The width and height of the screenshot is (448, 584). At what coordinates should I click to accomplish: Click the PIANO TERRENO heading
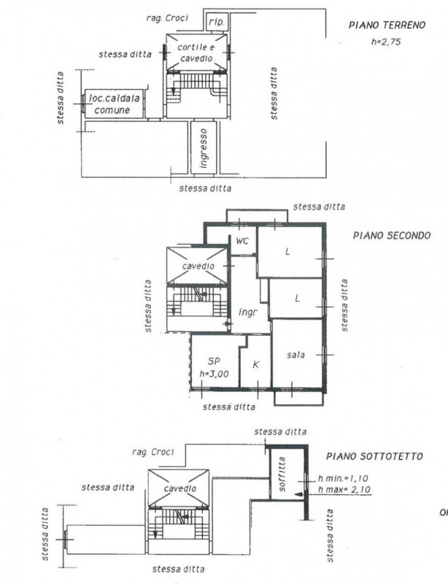click(387, 26)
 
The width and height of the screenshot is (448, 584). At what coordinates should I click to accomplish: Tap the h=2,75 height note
click(386, 42)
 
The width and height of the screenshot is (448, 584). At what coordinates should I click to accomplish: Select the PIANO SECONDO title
click(391, 235)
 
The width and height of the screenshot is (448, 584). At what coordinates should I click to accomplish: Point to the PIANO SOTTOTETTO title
click(374, 456)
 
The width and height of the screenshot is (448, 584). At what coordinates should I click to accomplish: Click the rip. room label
click(217, 22)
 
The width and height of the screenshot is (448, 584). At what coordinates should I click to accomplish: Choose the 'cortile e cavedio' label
click(196, 53)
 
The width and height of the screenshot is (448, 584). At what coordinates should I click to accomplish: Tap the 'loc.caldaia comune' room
click(114, 104)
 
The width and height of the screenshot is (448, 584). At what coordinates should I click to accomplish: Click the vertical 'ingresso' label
click(204, 148)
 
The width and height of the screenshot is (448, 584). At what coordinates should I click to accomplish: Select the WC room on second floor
click(242, 241)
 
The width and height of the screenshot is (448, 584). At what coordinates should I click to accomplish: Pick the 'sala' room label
click(296, 355)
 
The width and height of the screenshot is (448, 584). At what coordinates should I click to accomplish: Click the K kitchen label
click(256, 364)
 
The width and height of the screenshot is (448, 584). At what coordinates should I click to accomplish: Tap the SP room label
click(214, 361)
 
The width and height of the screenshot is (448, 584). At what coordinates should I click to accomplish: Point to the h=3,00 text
click(214, 374)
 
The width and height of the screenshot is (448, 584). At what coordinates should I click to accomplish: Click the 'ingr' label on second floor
click(247, 312)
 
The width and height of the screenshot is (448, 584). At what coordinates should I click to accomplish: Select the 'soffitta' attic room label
click(282, 474)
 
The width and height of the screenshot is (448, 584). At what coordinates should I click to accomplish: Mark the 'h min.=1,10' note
click(343, 478)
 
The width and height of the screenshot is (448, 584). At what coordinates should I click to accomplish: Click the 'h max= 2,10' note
click(344, 489)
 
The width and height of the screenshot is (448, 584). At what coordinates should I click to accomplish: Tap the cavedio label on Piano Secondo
click(198, 266)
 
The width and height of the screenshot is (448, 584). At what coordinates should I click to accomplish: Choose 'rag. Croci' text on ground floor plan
click(167, 18)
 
